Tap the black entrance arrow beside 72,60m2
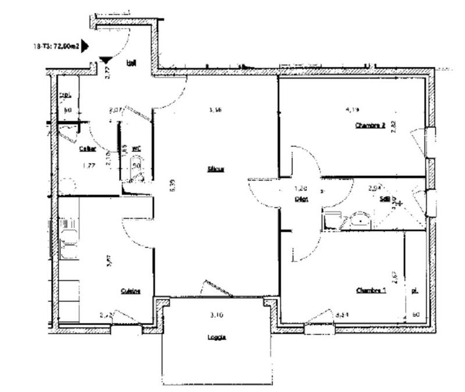click(x=85, y=46)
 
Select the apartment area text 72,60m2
click(x=66, y=46)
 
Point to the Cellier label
click(x=87, y=149)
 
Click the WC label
click(x=137, y=149)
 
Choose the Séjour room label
click(x=216, y=170)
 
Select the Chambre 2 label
click(x=370, y=125)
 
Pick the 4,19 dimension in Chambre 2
click(x=352, y=109)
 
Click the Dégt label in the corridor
click(x=301, y=199)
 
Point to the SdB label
click(x=384, y=199)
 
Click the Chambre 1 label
click(x=371, y=290)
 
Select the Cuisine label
click(x=130, y=291)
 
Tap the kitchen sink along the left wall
click(x=69, y=238)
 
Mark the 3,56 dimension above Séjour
click(x=216, y=109)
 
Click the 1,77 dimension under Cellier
click(x=89, y=166)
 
